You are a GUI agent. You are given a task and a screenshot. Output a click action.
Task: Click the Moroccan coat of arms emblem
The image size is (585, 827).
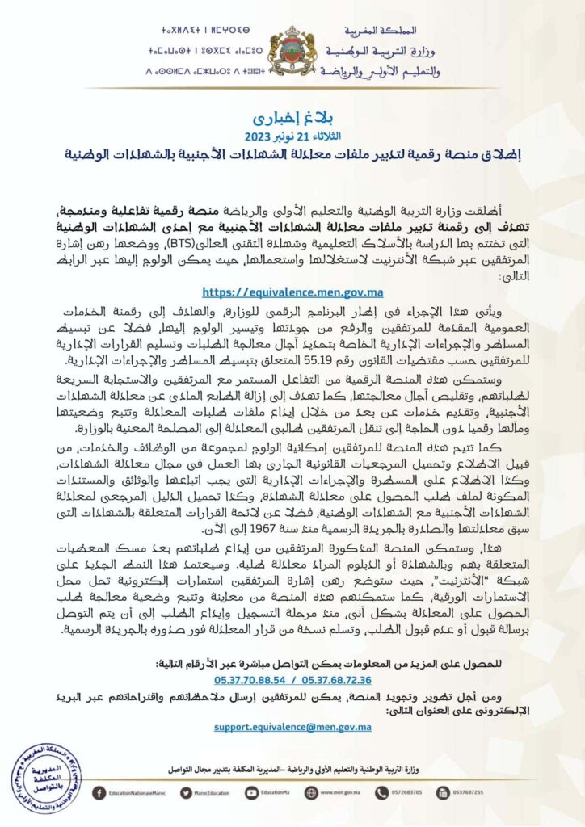[292, 51]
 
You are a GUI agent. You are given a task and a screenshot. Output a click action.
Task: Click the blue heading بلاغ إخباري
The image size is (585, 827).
[292, 107]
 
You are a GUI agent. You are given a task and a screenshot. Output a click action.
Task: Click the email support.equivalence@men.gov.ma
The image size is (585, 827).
[292, 727]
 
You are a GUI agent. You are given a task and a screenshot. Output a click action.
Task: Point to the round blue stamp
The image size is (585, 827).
[46, 778]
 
